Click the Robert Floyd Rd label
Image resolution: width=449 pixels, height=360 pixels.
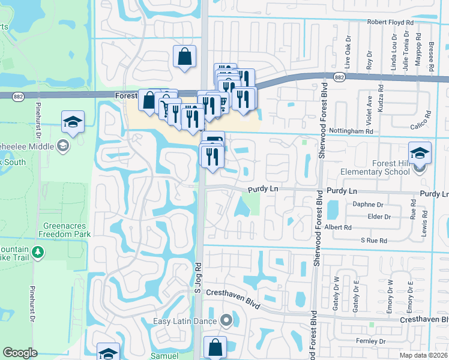[x=391, y=22]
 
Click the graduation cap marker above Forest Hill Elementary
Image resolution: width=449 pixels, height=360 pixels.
[x=420, y=152]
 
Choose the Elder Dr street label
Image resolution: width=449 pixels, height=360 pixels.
[x=379, y=216]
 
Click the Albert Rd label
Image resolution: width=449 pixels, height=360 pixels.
[x=338, y=227]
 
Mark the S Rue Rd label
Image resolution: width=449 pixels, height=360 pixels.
[x=374, y=240]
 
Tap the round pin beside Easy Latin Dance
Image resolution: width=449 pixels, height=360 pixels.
[x=226, y=320]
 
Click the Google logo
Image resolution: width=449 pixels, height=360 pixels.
[x=20, y=353]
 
